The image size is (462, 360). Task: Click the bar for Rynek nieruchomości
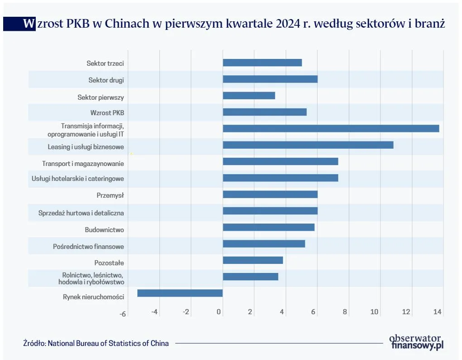pyautogui.click(x=180, y=293)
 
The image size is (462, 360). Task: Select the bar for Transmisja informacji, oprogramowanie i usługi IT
pyautogui.click(x=331, y=128)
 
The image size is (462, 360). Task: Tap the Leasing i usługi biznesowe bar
pyautogui.click(x=308, y=145)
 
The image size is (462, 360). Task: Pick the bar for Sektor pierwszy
pyautogui.click(x=249, y=96)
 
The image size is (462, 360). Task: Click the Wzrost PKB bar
pyautogui.click(x=265, y=112)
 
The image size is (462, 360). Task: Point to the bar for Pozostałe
pyautogui.click(x=253, y=260)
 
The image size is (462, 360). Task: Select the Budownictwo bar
pyautogui.click(x=269, y=227)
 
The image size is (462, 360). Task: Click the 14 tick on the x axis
pyautogui.click(x=437, y=312)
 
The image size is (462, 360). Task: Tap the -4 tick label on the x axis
pyautogui.click(x=154, y=312)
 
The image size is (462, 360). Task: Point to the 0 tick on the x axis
pyautogui.click(x=220, y=312)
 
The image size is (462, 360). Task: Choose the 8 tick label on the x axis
pyautogui.click(x=345, y=312)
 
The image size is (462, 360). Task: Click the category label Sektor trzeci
pyautogui.click(x=105, y=63)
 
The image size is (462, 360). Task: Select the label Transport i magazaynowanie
pyautogui.click(x=83, y=163)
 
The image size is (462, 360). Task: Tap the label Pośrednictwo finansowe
pyautogui.click(x=88, y=247)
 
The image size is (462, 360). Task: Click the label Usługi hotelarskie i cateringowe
pyautogui.click(x=77, y=179)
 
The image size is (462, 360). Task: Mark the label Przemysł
pyautogui.click(x=110, y=195)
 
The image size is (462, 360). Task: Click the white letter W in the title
pyautogui.click(x=29, y=24)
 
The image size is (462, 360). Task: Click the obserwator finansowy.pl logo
pyautogui.click(x=416, y=341)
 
